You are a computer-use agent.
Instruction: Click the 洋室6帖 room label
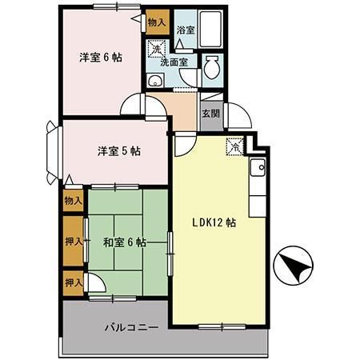click(100, 58)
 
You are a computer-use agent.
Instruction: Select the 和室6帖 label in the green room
click(123, 242)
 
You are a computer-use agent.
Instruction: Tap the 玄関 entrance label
click(210, 114)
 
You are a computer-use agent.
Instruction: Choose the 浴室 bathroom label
click(185, 30)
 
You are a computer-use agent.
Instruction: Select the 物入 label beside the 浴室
click(157, 22)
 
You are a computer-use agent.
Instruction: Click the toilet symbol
click(212, 69)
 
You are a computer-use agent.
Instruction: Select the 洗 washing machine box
click(157, 50)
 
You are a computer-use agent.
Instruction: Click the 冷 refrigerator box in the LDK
click(234, 146)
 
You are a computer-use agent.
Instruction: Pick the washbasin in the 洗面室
click(155, 81)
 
